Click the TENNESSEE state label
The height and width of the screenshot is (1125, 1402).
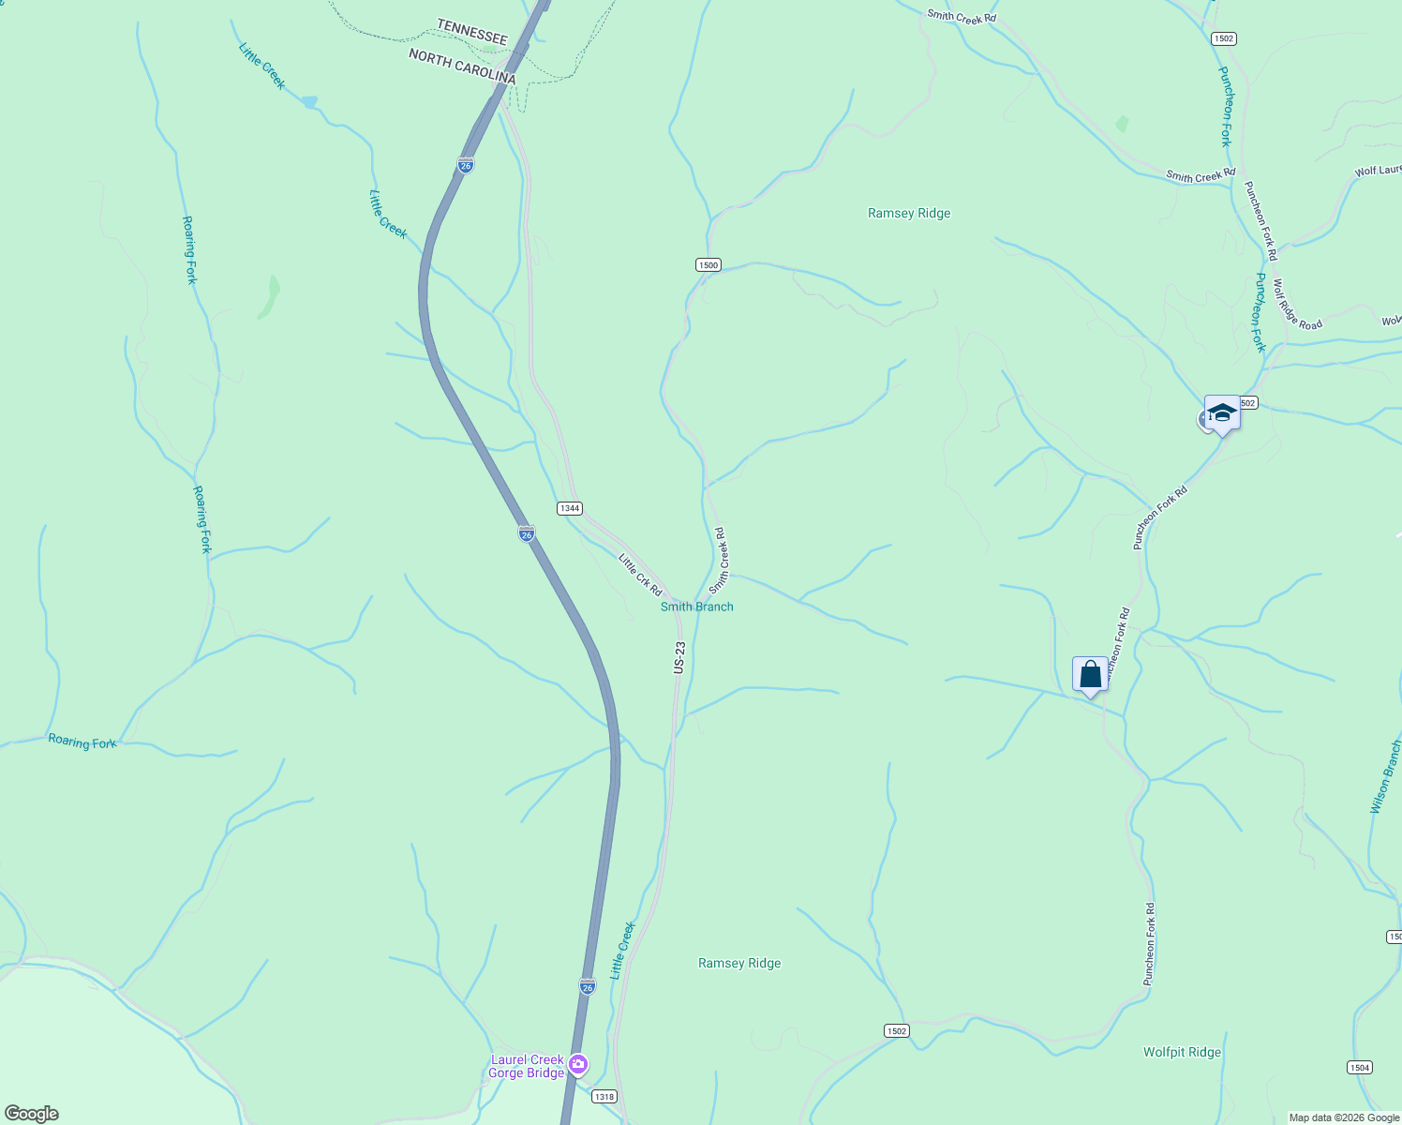click(x=472, y=33)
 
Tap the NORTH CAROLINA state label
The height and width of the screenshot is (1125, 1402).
click(x=462, y=67)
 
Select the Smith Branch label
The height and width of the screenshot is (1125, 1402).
click(x=696, y=607)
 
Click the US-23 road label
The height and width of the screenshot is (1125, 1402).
click(x=679, y=657)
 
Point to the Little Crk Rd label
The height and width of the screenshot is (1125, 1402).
click(x=640, y=575)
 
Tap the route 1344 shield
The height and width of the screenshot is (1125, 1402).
click(x=569, y=508)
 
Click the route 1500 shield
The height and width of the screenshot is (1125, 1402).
click(x=708, y=265)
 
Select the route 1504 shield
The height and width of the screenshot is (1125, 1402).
click(x=1359, y=1067)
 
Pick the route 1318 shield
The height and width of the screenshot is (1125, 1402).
click(x=604, y=1096)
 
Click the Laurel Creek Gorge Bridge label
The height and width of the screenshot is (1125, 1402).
click(x=528, y=1066)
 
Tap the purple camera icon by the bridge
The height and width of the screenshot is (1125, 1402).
click(x=578, y=1063)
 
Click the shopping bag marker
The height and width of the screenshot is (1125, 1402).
click(x=1090, y=674)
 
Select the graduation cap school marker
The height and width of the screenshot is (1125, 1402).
click(x=1222, y=412)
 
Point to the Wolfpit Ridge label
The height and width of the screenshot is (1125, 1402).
click(x=1182, y=1052)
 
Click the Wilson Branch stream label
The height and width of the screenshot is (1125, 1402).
click(x=1385, y=777)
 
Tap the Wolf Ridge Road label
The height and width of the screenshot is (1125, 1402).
click(x=1297, y=305)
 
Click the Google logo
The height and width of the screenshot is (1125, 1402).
click(x=31, y=1114)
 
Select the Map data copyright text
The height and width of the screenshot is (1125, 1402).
click(x=1344, y=1117)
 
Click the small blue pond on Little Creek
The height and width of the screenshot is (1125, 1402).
click(x=309, y=101)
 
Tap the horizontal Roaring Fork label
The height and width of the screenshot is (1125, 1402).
click(x=82, y=742)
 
